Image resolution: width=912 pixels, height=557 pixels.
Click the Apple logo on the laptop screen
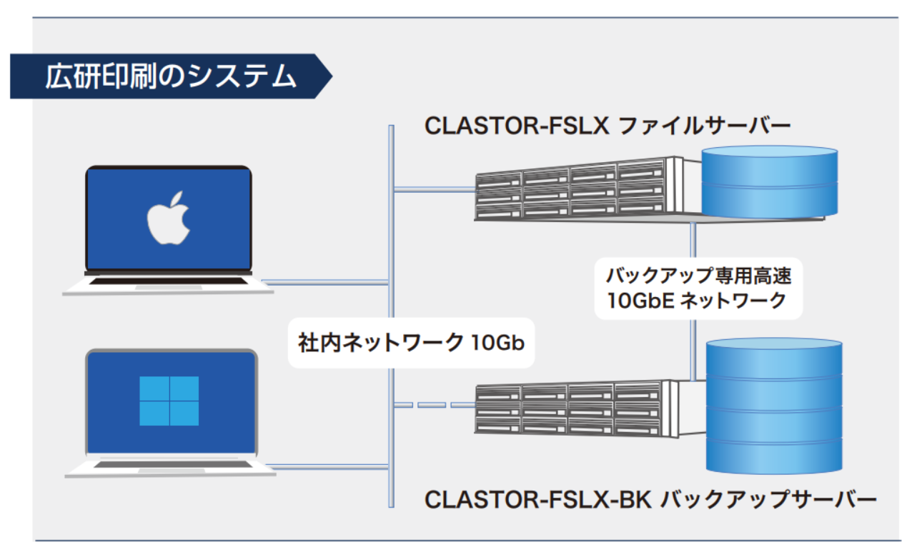pos(169,218)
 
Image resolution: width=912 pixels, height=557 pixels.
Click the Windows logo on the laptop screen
pos(169,401)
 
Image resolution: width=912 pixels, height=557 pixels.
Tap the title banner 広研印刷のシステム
pos(171,76)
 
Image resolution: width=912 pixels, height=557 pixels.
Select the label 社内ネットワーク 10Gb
pos(411,343)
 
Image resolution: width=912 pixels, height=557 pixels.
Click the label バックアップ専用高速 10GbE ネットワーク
pos(698,288)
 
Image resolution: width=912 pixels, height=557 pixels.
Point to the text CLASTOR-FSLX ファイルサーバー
pos(608,126)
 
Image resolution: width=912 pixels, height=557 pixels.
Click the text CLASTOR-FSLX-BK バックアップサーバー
pos(650,499)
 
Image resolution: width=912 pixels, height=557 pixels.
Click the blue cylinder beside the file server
pos(770,181)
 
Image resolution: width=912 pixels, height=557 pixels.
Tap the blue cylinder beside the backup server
pos(774,406)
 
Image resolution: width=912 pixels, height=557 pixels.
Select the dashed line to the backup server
pos(435,405)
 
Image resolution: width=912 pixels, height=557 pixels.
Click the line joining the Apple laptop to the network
pos(325,282)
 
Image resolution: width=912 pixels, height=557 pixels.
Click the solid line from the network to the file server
pos(435,189)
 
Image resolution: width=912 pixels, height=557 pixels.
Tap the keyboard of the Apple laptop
pos(168,281)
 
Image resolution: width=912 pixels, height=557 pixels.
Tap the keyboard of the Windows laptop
pos(173,464)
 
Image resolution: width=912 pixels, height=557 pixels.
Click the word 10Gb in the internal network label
pos(497,343)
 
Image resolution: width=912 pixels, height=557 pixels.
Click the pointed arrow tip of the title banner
pos(332,76)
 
